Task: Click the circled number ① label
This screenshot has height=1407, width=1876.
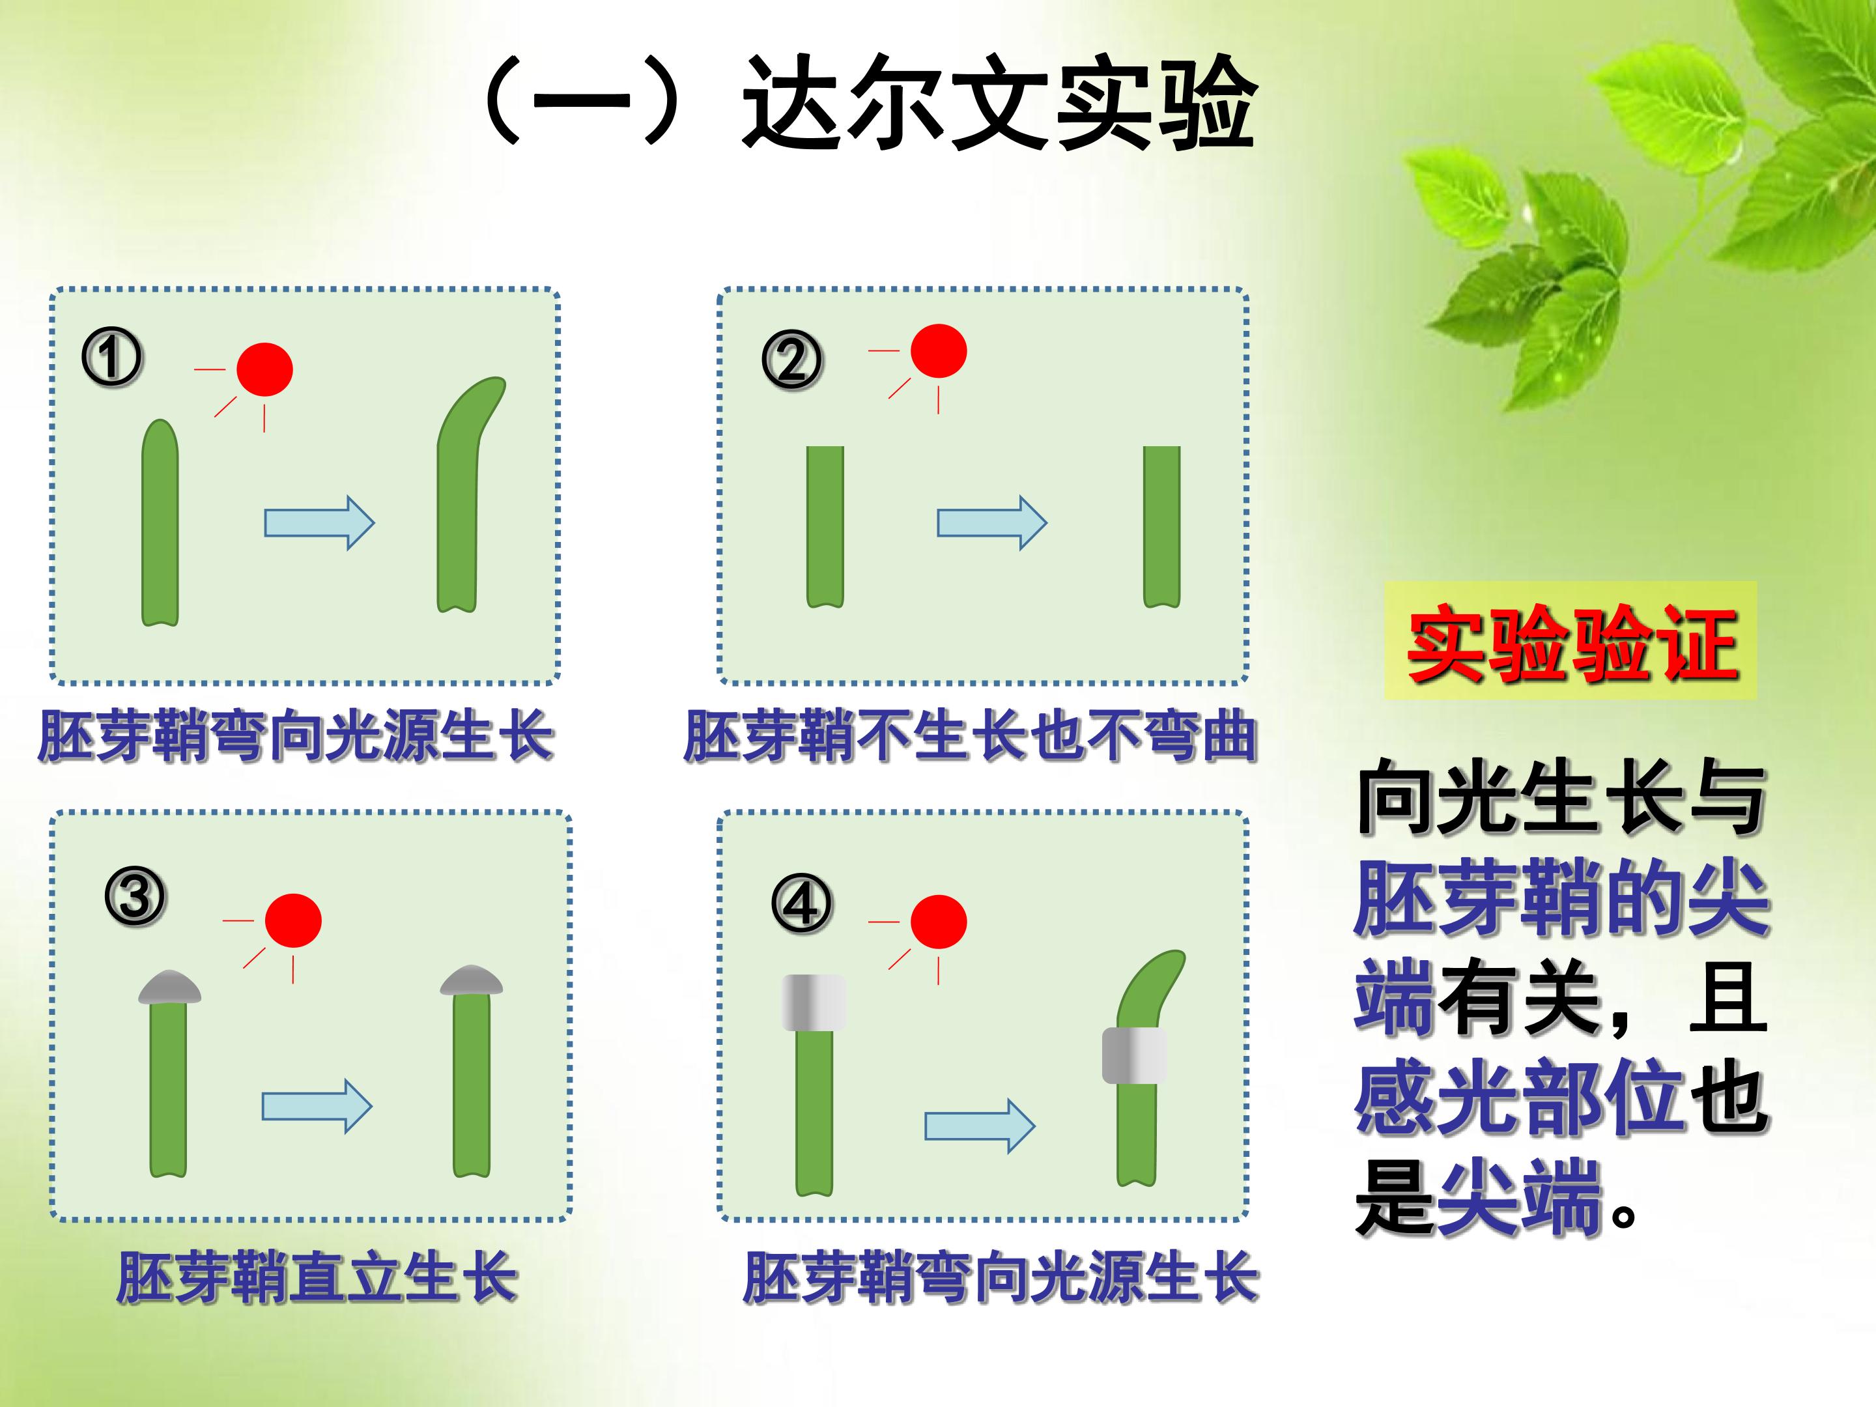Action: pyautogui.click(x=112, y=357)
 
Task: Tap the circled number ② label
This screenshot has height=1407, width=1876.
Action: pyautogui.click(x=791, y=360)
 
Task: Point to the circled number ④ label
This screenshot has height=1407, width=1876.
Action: pyautogui.click(x=801, y=904)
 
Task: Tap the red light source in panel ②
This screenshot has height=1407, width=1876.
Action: pyautogui.click(x=939, y=350)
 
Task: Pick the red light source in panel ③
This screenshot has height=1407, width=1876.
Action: pyautogui.click(x=293, y=920)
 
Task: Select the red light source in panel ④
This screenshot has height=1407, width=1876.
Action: pyautogui.click(x=939, y=921)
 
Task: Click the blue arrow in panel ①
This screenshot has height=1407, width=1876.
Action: pyautogui.click(x=320, y=522)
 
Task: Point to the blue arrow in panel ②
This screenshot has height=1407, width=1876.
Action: pyautogui.click(x=992, y=522)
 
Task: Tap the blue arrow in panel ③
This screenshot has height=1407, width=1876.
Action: pyautogui.click(x=317, y=1106)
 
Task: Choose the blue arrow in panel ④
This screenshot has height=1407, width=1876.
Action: pyautogui.click(x=980, y=1126)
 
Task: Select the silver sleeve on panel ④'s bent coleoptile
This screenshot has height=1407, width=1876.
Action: pyautogui.click(x=1134, y=1055)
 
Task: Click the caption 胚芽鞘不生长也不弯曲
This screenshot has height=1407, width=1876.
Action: pyautogui.click(x=970, y=735)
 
